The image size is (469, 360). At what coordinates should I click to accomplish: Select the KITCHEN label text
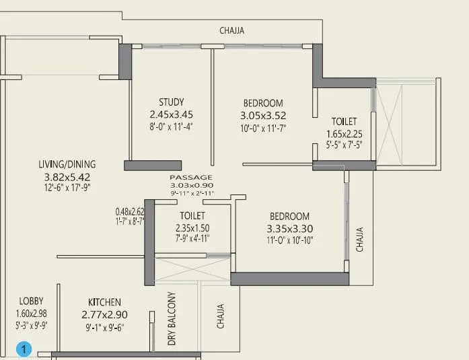coord(104,302)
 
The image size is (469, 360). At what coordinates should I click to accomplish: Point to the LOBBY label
coord(32,301)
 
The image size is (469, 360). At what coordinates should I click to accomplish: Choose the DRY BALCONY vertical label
coord(172,319)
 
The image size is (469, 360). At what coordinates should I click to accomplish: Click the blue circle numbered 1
coord(24,349)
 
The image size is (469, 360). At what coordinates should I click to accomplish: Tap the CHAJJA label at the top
coord(232,30)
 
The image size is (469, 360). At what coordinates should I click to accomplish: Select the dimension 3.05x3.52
coord(263,115)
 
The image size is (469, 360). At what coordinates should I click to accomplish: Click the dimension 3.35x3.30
coord(289,229)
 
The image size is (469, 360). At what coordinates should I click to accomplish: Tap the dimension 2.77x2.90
coord(104,314)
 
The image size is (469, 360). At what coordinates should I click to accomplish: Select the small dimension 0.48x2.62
coord(129,210)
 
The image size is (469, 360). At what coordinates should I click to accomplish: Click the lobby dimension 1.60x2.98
coord(32,314)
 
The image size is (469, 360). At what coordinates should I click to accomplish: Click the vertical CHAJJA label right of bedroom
coord(360,238)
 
